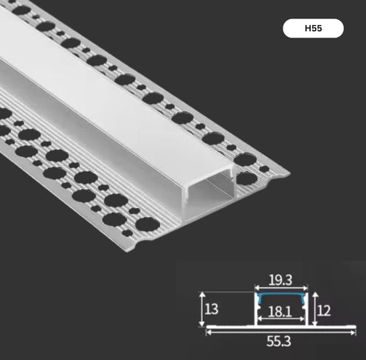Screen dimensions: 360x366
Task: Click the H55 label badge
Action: pos(313,29)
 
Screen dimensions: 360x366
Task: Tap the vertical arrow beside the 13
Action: pos(203,309)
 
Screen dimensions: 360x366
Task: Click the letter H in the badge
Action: pos(306,29)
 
